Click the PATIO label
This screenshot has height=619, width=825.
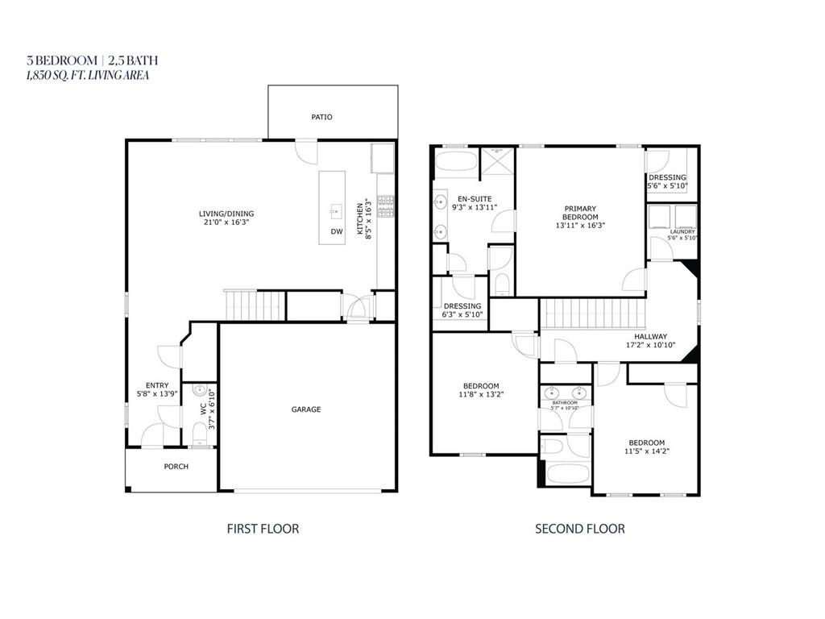pyautogui.click(x=321, y=117)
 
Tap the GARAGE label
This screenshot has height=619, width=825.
pyautogui.click(x=306, y=409)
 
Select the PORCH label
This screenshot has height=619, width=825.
pyautogui.click(x=176, y=467)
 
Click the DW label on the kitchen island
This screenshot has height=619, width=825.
pyautogui.click(x=336, y=232)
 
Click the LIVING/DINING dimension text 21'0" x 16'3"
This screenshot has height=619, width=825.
pyautogui.click(x=226, y=222)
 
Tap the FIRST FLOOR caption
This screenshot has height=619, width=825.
pyautogui.click(x=263, y=529)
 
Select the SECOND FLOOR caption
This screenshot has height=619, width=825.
pyautogui.click(x=580, y=529)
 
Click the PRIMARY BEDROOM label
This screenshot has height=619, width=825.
pyautogui.click(x=580, y=213)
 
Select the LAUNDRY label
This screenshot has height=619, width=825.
pyautogui.click(x=682, y=232)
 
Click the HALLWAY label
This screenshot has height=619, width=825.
pyautogui.click(x=649, y=337)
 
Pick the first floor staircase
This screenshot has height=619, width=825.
pyautogui.click(x=255, y=305)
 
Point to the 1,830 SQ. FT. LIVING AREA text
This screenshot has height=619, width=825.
pyautogui.click(x=88, y=75)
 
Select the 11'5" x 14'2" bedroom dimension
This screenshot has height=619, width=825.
pyautogui.click(x=646, y=451)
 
